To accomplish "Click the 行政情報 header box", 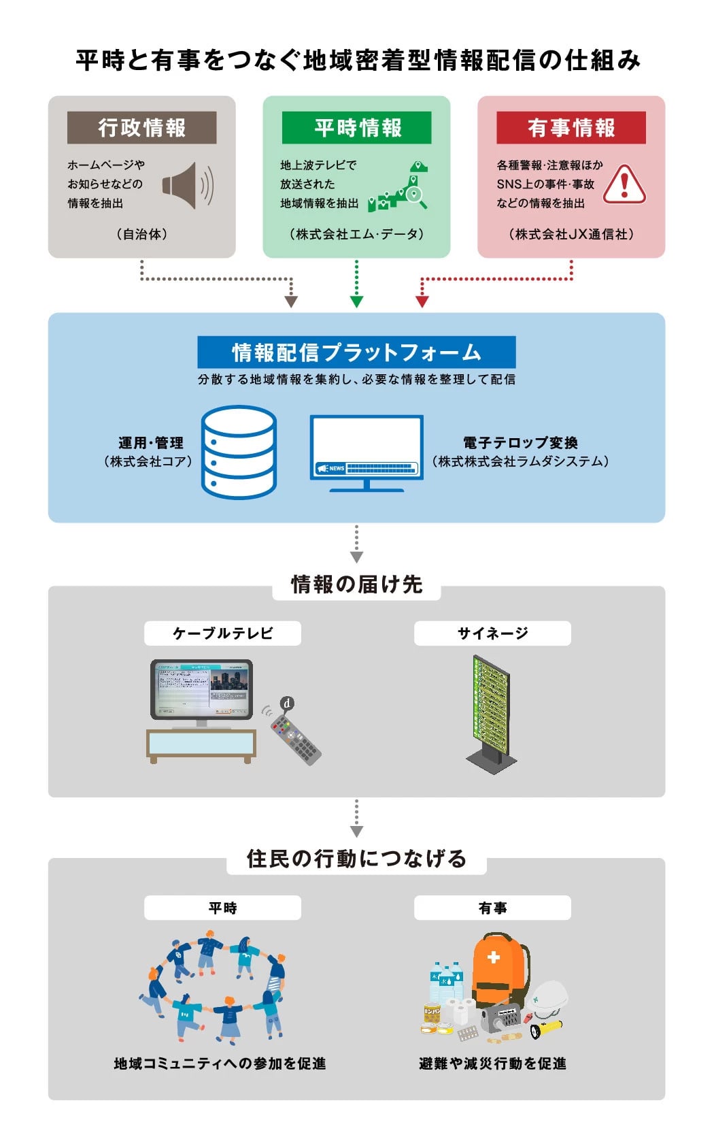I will tap(141, 127).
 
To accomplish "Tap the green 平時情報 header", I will tap(356, 127).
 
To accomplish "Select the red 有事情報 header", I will tap(571, 127).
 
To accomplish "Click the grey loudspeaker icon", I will tap(187, 185).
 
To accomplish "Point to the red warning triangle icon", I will tap(624, 184).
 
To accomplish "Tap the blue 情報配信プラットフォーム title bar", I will tap(356, 352).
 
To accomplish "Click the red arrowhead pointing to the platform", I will tap(422, 301).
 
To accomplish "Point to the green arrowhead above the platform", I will tap(356, 301).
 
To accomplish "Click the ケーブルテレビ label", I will tap(222, 633).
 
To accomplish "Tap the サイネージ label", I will tap(492, 633).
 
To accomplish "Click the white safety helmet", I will tap(549, 997).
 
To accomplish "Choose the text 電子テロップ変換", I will tap(520, 443).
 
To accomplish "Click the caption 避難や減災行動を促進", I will tap(492, 1063).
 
